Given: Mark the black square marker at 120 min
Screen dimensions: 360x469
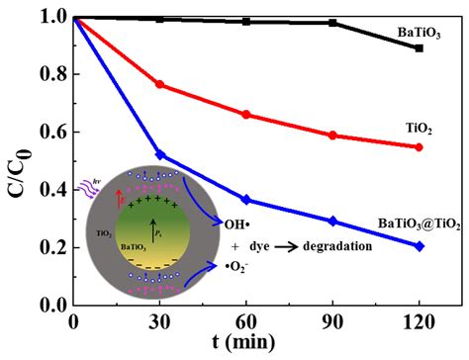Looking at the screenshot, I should coord(420,47).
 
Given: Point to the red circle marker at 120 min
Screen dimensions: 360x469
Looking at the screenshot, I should coord(420,147).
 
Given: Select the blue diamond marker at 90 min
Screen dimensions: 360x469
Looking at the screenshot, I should coord(332,221).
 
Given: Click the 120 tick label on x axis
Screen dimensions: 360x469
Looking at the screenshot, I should coord(419,323).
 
